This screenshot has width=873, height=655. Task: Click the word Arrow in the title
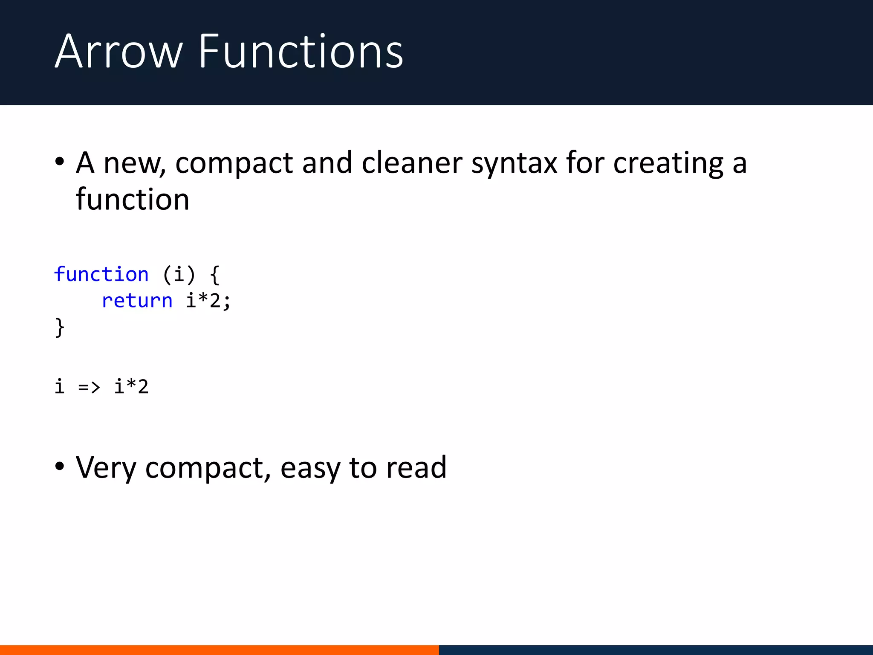[x=119, y=52]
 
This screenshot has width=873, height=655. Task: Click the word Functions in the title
[x=301, y=52]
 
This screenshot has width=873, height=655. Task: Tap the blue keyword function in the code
[x=101, y=274]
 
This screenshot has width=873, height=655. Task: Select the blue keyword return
[x=137, y=301]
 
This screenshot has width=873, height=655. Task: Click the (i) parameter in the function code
[x=179, y=274]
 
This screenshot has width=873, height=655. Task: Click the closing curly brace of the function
[x=60, y=327]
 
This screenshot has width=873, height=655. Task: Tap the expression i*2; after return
[x=208, y=301]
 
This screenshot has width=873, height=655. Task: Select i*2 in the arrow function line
[x=131, y=387]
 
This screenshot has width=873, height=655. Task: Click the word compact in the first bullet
[x=234, y=164]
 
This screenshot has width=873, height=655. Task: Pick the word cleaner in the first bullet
[x=412, y=163]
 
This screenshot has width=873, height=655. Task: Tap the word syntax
[x=514, y=164]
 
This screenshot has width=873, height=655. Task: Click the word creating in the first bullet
[x=668, y=164]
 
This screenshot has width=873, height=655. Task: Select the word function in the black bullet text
[x=133, y=200]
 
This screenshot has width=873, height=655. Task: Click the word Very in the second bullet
[x=106, y=468]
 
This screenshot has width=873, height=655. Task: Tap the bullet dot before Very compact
[x=60, y=467]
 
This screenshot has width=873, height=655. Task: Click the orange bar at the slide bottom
[x=219, y=650]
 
